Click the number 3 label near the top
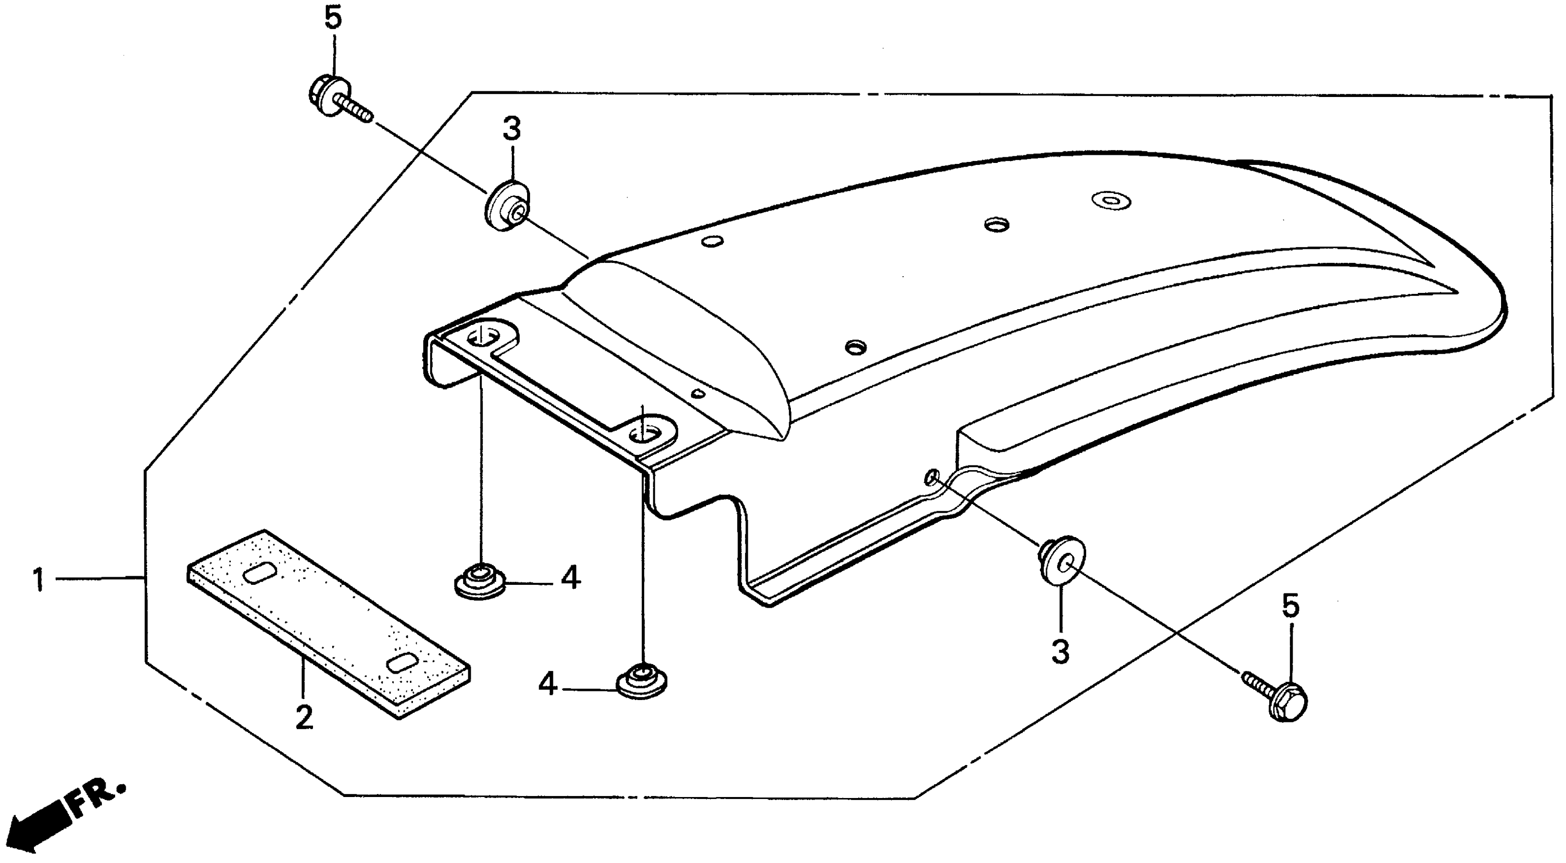(x=512, y=129)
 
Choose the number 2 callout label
(x=303, y=718)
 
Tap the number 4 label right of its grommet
(x=570, y=578)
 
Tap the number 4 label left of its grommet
(x=548, y=685)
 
